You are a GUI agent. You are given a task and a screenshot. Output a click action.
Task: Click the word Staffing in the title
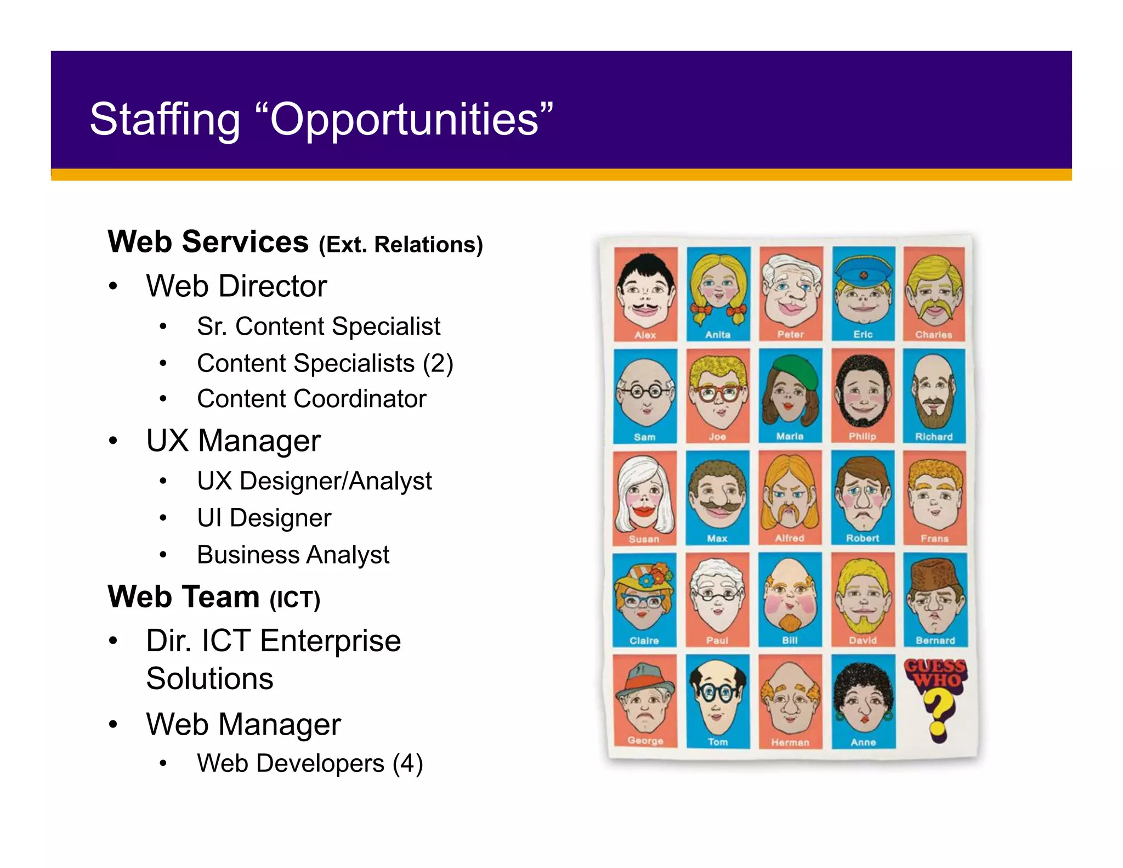point(165,120)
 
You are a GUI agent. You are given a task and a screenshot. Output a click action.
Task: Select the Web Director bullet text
point(236,286)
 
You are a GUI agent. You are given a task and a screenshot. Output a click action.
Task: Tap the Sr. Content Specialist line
point(318,326)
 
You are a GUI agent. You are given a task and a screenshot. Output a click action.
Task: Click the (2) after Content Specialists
point(438,363)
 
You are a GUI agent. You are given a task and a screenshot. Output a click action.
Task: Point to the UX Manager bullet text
point(233,441)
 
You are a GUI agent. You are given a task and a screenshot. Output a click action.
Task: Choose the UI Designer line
point(264,518)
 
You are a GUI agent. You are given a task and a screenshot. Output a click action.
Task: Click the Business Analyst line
point(293,555)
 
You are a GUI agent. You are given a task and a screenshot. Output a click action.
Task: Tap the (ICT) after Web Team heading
point(294,599)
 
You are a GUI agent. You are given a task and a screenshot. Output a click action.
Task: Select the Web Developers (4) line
point(310,763)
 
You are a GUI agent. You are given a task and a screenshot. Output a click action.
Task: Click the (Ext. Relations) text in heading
point(400,245)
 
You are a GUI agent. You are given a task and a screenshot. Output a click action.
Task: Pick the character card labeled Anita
point(718,294)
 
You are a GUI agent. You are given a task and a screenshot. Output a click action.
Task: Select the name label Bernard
point(935,640)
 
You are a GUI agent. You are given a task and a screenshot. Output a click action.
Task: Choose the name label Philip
point(863,436)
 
